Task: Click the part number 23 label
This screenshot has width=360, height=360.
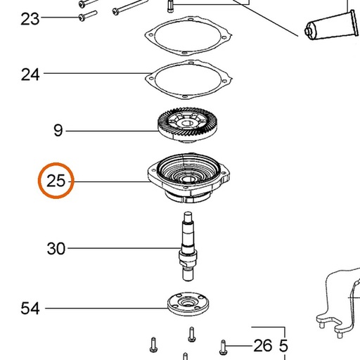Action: [30, 19]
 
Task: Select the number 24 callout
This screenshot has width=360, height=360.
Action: [30, 75]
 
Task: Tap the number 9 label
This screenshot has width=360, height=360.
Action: [58, 131]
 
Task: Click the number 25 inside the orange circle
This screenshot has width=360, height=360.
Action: [56, 181]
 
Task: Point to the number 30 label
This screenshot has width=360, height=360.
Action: [56, 248]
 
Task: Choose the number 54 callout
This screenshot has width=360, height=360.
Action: [30, 308]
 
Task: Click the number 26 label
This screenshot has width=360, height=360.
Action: [263, 346]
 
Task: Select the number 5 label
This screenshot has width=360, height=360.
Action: [283, 346]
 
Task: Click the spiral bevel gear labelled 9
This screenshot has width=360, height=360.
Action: [187, 125]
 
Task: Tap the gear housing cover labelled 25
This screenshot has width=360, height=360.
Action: [188, 178]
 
